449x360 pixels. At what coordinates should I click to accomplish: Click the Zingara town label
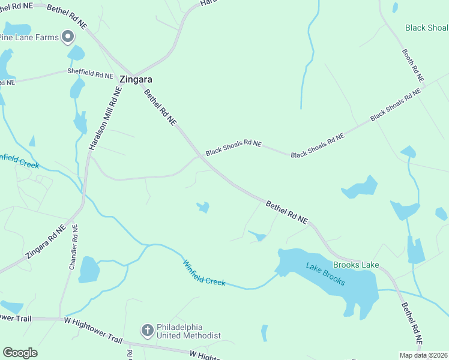tap(136, 79)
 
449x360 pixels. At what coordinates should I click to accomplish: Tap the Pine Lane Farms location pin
tap(68, 37)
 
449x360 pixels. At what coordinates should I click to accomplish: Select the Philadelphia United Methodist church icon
tap(147, 331)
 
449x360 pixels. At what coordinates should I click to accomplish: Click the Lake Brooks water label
tap(325, 274)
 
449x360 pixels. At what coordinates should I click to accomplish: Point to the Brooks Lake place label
tap(356, 265)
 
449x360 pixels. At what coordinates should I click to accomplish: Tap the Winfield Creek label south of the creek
tap(203, 272)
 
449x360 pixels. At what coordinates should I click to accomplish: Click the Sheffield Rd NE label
tap(90, 75)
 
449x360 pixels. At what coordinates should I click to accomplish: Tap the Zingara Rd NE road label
tap(45, 242)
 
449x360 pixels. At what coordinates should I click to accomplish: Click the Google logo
tap(20, 353)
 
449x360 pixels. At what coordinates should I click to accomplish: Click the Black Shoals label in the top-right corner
tap(426, 28)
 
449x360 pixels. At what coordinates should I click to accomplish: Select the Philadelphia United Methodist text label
tap(188, 331)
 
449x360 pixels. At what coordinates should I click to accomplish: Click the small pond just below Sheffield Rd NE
tap(77, 89)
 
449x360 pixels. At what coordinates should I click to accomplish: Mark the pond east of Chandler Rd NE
tap(89, 269)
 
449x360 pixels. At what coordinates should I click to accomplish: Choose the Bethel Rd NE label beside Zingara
tap(160, 107)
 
